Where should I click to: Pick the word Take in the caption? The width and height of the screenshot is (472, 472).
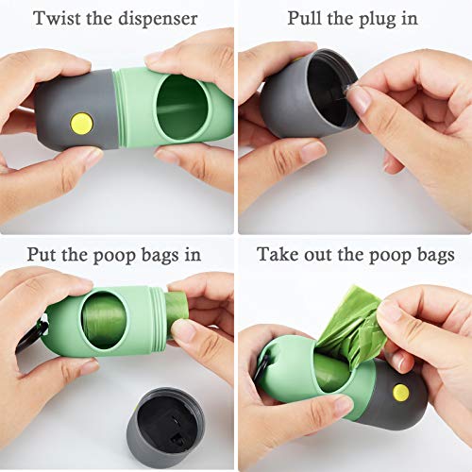tap(279, 255)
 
